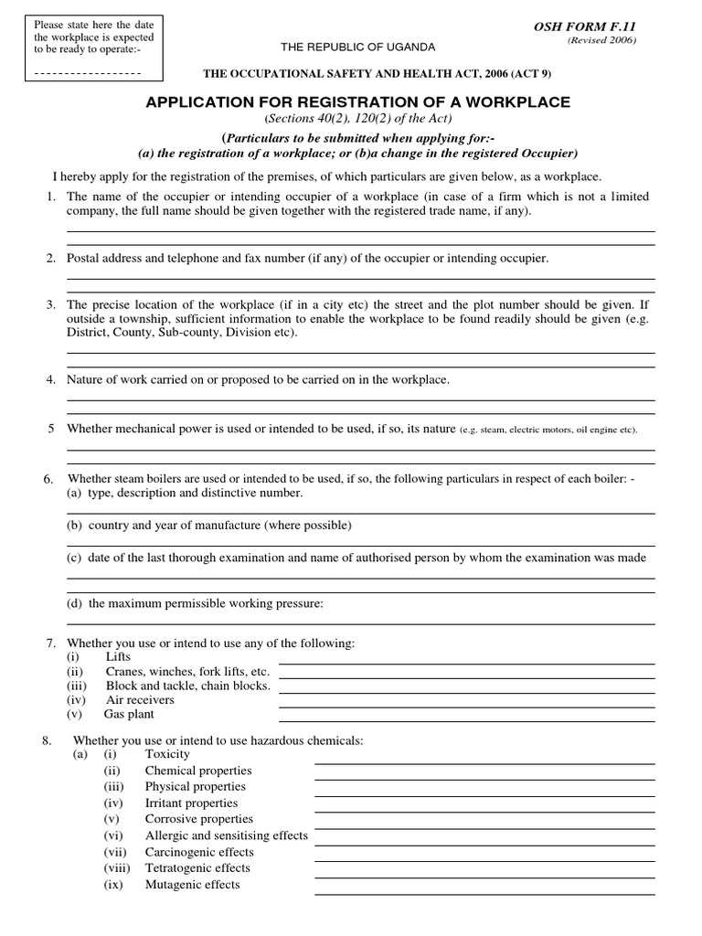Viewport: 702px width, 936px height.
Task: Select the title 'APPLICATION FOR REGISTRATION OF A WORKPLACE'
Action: pos(357,101)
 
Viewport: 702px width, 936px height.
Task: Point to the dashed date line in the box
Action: pos(86,72)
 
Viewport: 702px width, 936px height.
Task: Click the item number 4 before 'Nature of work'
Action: pos(52,379)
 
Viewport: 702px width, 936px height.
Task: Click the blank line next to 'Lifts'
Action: pos(466,663)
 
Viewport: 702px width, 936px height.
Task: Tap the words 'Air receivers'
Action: pos(140,700)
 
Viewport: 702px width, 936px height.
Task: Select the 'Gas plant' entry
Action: pos(129,714)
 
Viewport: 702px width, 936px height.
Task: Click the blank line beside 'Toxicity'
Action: pos(484,762)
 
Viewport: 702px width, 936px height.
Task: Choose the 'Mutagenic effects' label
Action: pos(192,885)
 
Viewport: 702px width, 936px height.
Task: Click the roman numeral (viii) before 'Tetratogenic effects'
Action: pos(117,868)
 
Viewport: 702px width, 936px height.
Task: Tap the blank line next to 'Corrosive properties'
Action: pos(484,827)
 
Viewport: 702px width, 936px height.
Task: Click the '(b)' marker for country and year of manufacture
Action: pos(74,526)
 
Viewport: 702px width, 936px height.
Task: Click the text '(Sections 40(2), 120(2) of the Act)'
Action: pos(357,119)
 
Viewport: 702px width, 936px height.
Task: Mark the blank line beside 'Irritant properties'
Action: pos(484,811)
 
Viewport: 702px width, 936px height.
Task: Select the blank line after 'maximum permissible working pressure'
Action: pos(360,623)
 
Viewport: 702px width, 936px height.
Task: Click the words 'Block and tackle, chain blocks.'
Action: pos(188,686)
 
